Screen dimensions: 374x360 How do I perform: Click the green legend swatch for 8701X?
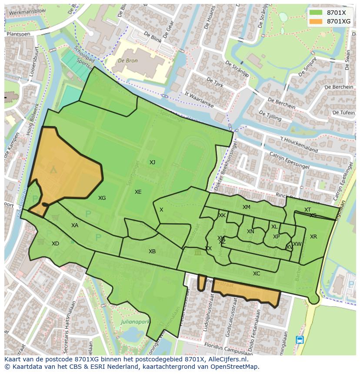tap(316, 13)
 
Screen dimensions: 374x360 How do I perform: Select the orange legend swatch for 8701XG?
tap(316, 21)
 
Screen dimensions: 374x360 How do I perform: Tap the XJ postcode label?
tap(152, 162)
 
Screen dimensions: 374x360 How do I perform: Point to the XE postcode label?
tap(138, 192)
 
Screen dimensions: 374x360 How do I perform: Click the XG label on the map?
tap(102, 198)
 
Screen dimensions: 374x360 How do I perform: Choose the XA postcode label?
tap(75, 225)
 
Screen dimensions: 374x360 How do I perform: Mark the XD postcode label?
tap(55, 244)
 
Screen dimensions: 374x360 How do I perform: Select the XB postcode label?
tap(152, 252)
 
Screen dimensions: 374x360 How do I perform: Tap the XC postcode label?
tap(257, 274)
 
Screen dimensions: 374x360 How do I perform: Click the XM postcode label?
tap(247, 207)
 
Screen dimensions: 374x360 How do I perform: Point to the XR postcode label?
tap(313, 237)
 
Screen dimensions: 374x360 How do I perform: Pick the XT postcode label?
tap(307, 210)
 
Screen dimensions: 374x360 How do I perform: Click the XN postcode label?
tap(250, 232)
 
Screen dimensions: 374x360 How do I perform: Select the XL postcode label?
tap(274, 227)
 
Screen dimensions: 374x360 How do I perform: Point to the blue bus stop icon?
tap(300, 340)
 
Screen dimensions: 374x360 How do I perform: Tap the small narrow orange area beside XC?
tap(201, 282)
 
